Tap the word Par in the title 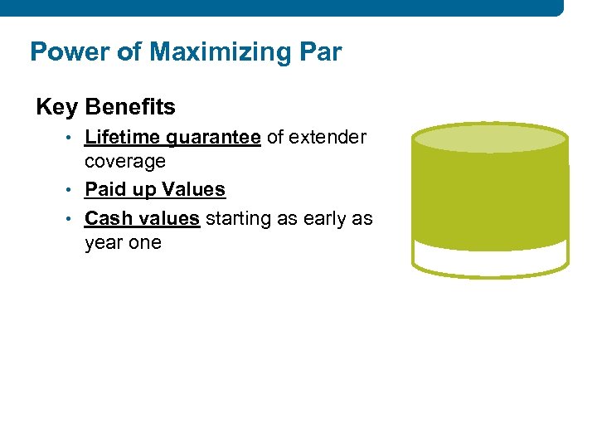316,52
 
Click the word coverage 125,162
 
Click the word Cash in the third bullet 107,218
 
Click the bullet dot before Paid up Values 75,190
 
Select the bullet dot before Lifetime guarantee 75,139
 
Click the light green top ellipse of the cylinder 490,139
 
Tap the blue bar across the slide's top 282,7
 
